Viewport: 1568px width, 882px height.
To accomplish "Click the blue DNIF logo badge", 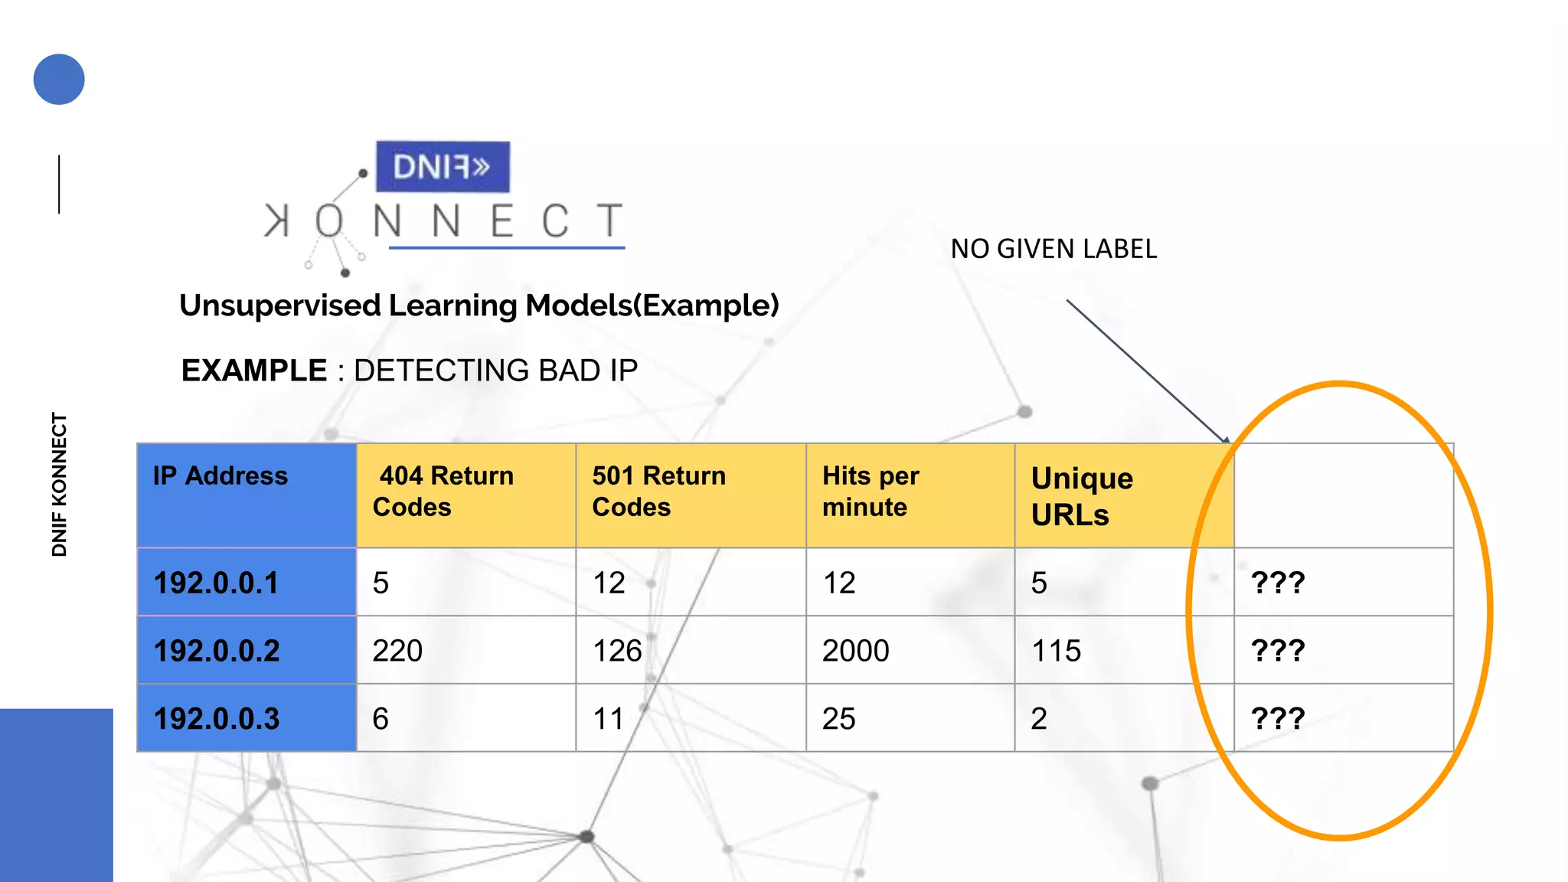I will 443,166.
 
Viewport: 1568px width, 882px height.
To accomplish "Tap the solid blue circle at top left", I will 59,80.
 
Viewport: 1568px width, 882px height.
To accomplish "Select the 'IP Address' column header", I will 220,476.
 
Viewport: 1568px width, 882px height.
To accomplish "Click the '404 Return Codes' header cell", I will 444,492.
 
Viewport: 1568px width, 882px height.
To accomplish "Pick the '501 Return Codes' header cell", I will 658,492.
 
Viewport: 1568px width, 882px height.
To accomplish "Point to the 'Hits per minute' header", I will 871,492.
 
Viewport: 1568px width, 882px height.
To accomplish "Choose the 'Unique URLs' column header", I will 1082,496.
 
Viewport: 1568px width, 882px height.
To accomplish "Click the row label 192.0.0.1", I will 217,583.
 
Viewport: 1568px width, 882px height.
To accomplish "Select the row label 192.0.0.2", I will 217,651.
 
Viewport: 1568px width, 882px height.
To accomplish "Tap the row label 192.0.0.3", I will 217,719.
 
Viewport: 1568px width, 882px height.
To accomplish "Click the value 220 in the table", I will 397,651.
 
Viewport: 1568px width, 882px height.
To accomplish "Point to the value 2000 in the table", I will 855,651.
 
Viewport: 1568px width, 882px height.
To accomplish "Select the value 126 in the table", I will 617,651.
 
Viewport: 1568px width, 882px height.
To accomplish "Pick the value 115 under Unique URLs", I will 1057,651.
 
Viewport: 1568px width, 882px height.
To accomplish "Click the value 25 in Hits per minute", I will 839,719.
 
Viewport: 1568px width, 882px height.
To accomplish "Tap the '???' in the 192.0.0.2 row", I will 1278,651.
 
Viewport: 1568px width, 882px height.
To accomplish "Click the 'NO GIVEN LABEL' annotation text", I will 1053,249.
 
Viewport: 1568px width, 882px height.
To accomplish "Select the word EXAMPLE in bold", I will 254,371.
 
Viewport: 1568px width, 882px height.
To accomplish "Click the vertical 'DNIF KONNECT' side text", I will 60,485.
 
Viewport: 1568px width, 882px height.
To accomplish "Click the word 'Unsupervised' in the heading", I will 280,305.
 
